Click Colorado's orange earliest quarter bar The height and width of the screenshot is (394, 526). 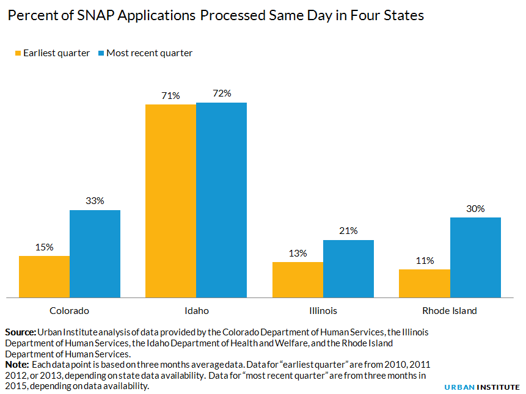(x=44, y=277)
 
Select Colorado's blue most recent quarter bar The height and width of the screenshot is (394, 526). (x=95, y=254)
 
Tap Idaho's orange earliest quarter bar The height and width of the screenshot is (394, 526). (x=170, y=201)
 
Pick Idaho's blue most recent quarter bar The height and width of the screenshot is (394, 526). (x=221, y=200)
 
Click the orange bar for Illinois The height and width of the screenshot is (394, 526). (x=298, y=280)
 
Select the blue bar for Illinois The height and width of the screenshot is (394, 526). (x=348, y=269)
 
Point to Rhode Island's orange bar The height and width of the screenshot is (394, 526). (x=425, y=283)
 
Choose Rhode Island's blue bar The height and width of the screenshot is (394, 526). (x=475, y=258)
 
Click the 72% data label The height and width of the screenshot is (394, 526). (x=222, y=93)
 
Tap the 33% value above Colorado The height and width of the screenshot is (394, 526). (x=95, y=201)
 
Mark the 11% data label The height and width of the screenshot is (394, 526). (x=425, y=260)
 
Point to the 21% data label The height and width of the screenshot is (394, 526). (x=348, y=231)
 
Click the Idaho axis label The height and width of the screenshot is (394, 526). (x=196, y=311)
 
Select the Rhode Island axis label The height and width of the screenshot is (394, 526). (x=450, y=311)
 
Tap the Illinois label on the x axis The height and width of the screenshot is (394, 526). (x=323, y=311)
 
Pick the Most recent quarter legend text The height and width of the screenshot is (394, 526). (x=149, y=53)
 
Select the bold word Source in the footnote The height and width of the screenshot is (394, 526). (x=20, y=332)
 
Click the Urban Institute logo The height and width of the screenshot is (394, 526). (x=481, y=387)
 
